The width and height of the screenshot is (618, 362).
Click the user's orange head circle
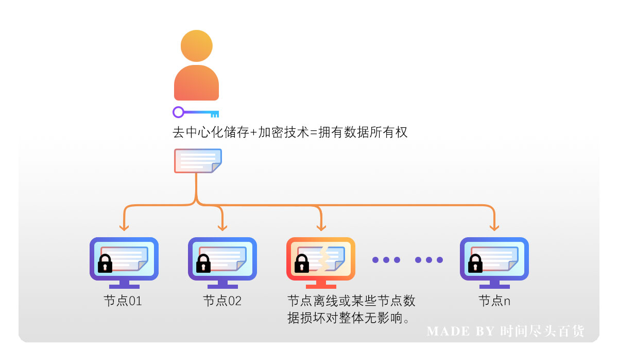(196, 45)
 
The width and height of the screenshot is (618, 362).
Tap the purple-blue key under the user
(196, 112)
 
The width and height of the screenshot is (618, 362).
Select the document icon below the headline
(198, 161)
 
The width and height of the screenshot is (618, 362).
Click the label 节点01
(123, 301)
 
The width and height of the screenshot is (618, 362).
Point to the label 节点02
(222, 301)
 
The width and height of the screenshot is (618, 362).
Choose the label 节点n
(494, 301)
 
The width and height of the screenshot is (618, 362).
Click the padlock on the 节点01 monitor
(106, 264)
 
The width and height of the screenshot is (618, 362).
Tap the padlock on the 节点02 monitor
(204, 264)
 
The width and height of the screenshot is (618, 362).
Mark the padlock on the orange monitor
(302, 264)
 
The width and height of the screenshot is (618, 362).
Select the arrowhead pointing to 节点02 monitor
(222, 226)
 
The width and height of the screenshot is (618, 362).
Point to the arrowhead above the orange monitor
(321, 226)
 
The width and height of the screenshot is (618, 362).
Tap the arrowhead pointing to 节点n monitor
(494, 226)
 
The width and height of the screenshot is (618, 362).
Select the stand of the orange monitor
(321, 284)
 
